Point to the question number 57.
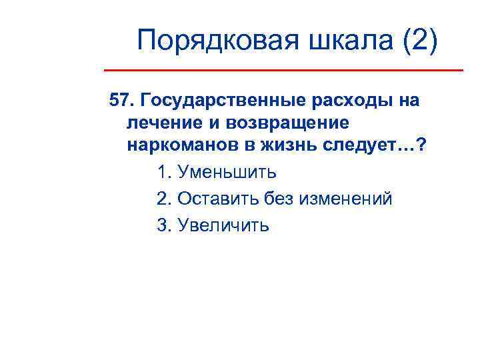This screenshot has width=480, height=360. (x=121, y=101)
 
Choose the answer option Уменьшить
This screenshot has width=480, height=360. (x=226, y=173)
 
